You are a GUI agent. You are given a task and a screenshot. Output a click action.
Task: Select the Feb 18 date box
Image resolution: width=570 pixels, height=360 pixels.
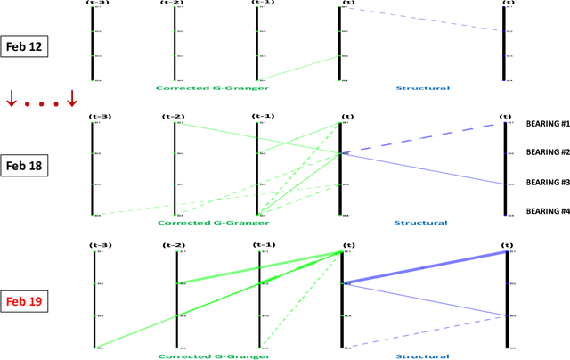point(25,166)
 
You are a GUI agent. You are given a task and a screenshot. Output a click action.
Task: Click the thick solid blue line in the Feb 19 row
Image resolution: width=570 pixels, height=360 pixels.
point(425,268)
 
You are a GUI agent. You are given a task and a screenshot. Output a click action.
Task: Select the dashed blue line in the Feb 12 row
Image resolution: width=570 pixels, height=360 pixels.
point(422,20)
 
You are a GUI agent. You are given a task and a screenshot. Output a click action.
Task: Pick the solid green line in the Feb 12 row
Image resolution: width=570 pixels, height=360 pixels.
point(298,68)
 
